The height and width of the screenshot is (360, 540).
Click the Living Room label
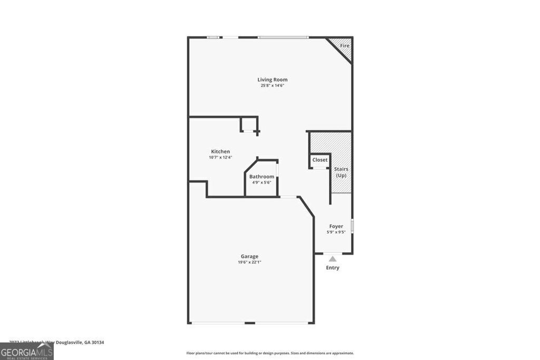pos(273,80)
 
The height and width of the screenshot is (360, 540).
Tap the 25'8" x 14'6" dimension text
pos(273,85)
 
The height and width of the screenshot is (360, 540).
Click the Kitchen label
pos(220,151)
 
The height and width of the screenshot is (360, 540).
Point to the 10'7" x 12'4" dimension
pos(220,157)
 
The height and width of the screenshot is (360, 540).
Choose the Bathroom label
pos(262,177)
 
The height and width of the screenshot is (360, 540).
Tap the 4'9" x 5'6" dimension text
pos(262,182)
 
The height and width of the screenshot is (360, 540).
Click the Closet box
pos(320,160)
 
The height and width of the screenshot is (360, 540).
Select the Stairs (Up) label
pos(341,172)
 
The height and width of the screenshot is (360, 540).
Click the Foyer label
pos(336,226)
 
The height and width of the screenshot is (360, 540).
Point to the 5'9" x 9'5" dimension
pos(336,232)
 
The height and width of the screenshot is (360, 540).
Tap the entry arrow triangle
pos(332,258)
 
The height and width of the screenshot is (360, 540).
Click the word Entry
pos(332,268)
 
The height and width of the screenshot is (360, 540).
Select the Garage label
pos(250,256)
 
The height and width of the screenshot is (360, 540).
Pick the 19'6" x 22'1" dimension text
pos(250,262)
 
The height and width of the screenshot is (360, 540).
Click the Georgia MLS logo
pos(26,351)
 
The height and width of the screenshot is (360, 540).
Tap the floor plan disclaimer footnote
pos(270,353)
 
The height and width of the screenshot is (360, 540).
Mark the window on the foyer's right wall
pos(352,226)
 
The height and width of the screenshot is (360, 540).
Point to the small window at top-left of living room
pos(213,37)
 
